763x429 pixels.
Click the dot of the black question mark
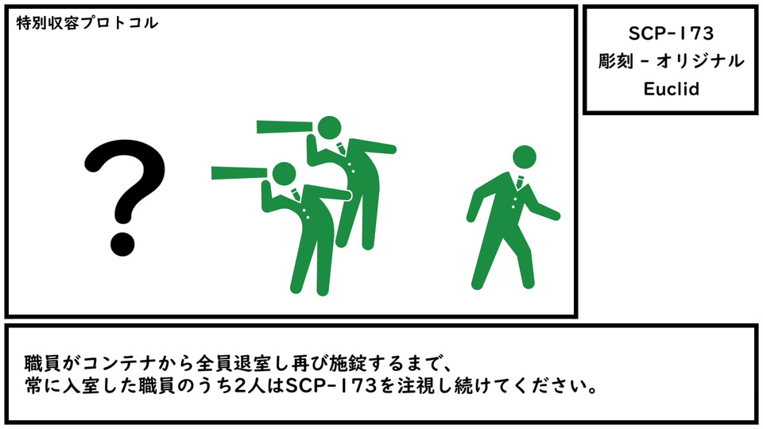(x=122, y=244)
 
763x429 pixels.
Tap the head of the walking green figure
(x=525, y=157)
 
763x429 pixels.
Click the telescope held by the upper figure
(x=285, y=126)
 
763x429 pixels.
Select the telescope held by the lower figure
(x=239, y=172)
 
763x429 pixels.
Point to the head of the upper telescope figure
(x=329, y=129)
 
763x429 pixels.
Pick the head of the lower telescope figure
(x=285, y=174)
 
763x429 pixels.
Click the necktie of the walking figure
(x=520, y=183)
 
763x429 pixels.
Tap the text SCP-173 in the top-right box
(x=671, y=33)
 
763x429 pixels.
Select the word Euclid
(x=671, y=89)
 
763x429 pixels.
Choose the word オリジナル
(x=700, y=61)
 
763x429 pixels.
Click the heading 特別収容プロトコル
(x=87, y=23)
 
